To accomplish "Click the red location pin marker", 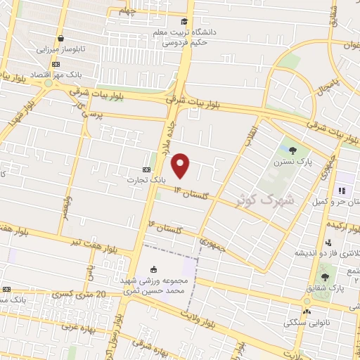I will click(181, 165).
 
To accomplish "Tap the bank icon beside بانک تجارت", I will click(146, 169).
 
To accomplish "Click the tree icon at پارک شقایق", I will click(324, 276).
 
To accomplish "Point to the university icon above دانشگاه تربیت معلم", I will click(184, 22).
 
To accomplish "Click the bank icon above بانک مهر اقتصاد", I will click(56, 64).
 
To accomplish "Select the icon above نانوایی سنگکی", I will click(306, 311).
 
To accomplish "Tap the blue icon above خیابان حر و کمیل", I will click(342, 191).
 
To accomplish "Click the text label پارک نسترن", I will click(292, 162).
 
